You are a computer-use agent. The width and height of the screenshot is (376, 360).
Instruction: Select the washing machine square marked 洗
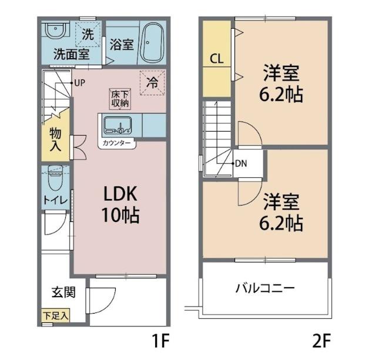[88, 34]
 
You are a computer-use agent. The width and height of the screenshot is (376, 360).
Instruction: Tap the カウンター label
[116, 143]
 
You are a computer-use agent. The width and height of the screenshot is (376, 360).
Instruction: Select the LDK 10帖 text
[120, 204]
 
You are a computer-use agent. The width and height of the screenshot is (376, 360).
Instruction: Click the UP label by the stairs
[80, 83]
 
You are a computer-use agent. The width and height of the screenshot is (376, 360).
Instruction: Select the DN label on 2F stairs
[240, 164]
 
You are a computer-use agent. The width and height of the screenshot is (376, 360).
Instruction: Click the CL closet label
[216, 59]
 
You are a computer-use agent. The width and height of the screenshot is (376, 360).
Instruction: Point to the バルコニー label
[265, 288]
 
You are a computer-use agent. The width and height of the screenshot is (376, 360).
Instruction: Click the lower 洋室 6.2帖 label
[282, 212]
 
